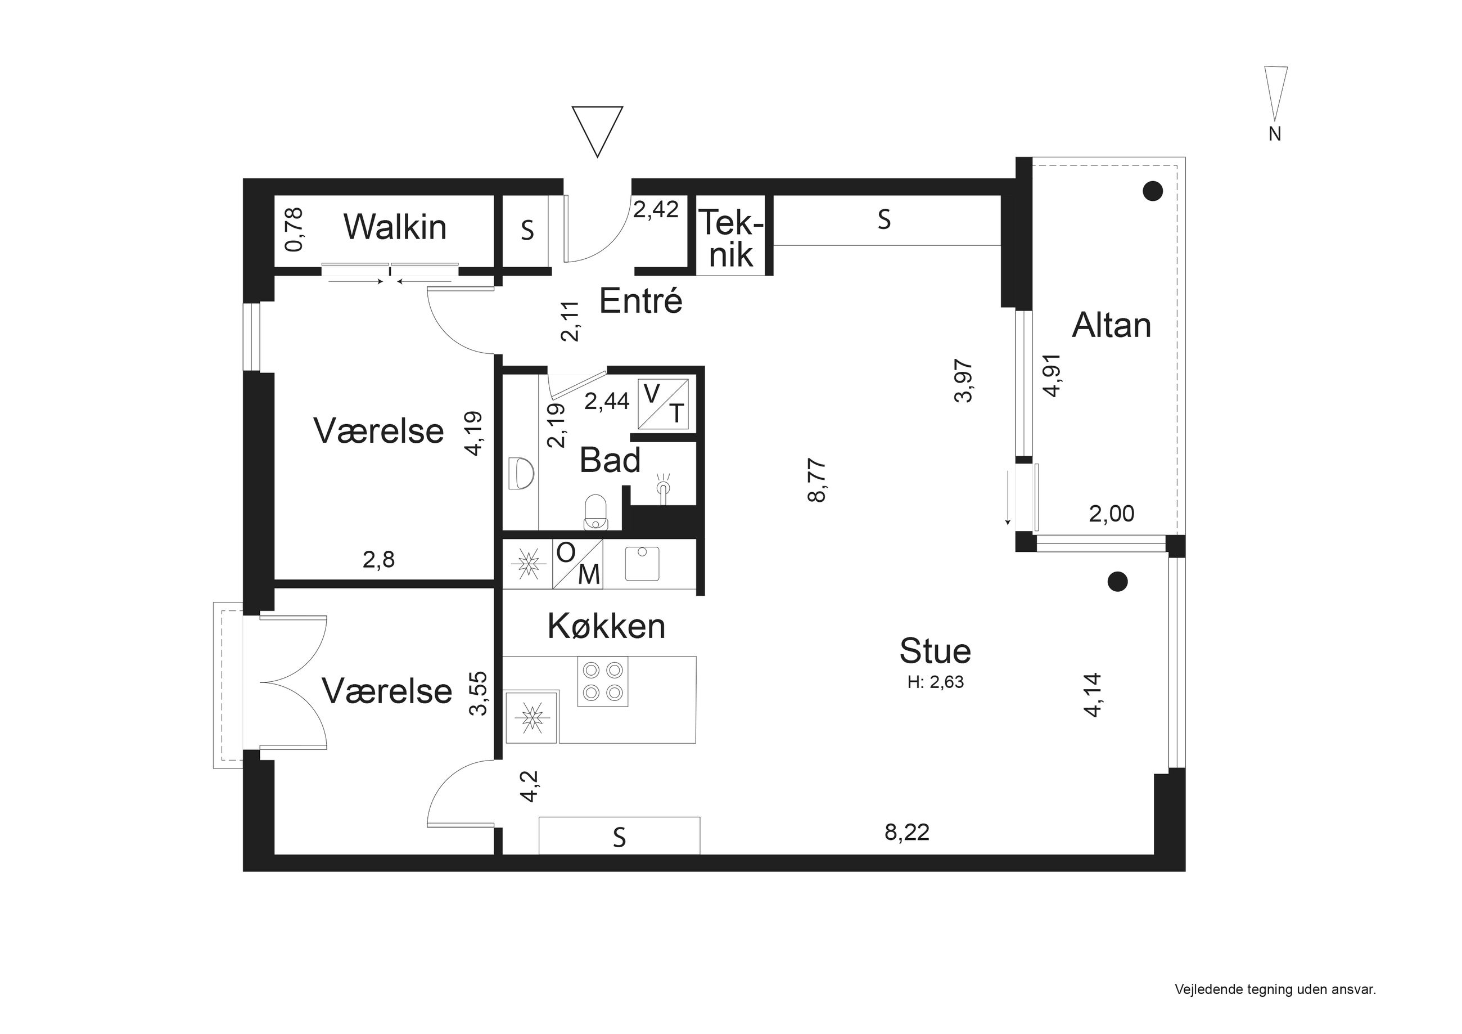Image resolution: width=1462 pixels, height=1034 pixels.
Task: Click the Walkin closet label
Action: pos(395,227)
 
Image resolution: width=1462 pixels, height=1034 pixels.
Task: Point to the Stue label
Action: pos(935,650)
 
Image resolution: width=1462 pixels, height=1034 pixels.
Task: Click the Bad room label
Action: pos(610,460)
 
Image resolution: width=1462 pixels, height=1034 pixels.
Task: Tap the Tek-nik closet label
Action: pos(731,239)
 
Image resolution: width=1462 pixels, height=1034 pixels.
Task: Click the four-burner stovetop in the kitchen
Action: pos(602,681)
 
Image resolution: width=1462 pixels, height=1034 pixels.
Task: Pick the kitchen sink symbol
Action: pos(642,563)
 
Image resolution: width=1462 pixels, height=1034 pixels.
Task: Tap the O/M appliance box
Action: pos(577,563)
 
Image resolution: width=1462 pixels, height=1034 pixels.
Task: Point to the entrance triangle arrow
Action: pos(597,131)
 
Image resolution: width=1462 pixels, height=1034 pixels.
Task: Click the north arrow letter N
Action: pos(1275,134)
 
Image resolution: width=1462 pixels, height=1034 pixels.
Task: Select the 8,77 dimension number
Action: pos(816,480)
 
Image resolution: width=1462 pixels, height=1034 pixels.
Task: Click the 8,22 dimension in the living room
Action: pos(907,832)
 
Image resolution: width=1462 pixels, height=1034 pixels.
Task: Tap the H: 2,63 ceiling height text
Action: pos(936,682)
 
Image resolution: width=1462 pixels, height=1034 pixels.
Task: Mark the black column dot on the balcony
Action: pos(1153,191)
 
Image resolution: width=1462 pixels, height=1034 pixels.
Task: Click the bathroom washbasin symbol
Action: pos(521,473)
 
